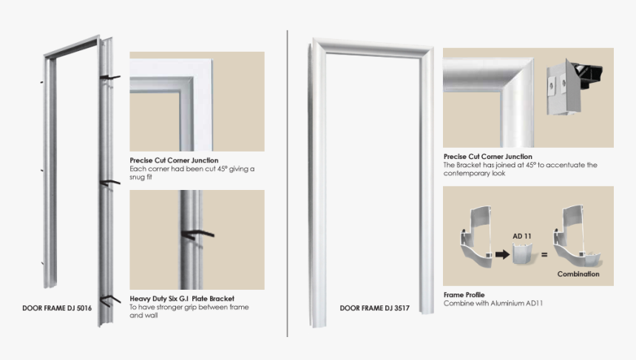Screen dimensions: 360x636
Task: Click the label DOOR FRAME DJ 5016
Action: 57,308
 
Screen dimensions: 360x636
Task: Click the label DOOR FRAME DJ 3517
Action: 375,308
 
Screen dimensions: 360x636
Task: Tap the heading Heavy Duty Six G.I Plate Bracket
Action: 182,299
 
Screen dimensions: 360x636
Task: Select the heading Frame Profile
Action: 464,295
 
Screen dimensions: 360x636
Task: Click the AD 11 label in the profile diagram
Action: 522,236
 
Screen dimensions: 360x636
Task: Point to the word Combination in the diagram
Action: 578,274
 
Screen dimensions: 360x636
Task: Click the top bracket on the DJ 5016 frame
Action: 109,76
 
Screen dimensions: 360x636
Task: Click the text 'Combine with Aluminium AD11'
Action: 487,304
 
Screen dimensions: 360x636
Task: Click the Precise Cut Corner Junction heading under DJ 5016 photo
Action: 174,160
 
